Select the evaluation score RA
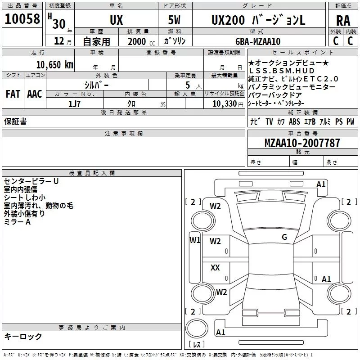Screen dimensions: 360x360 click(x=343, y=21)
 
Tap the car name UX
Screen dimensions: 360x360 click(x=117, y=20)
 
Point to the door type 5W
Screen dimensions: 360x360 click(x=174, y=20)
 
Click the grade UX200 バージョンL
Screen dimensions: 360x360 click(x=258, y=20)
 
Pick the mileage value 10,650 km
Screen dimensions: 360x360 click(x=54, y=64)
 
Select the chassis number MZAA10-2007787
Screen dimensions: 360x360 click(x=302, y=143)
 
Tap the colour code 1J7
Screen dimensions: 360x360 click(x=74, y=103)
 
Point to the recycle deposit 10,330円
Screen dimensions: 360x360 click(x=224, y=103)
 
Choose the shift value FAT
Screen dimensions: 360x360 click(x=13, y=94)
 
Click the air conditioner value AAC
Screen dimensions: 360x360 click(x=35, y=94)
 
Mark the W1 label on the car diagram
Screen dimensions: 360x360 click(x=194, y=240)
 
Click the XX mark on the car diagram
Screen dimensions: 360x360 click(x=216, y=268)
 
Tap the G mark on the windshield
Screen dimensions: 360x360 click(x=284, y=237)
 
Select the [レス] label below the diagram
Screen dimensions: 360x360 click(x=196, y=345)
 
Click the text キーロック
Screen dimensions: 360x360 click(x=23, y=336)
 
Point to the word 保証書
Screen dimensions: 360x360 click(x=15, y=121)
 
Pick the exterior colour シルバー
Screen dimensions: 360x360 click(x=96, y=85)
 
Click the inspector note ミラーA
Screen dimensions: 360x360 click(x=17, y=222)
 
